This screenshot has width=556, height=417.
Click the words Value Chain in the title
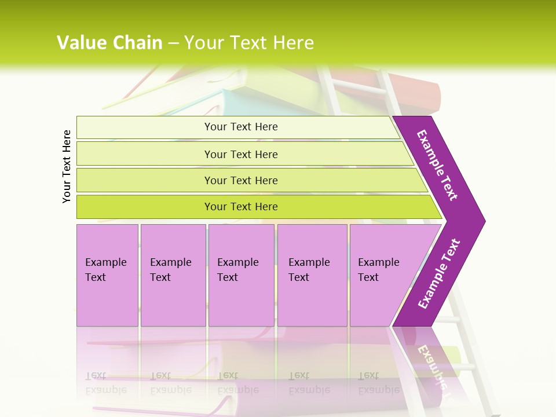click(109, 43)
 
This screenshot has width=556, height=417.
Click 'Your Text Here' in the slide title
click(249, 43)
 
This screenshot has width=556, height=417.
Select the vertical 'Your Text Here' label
click(67, 166)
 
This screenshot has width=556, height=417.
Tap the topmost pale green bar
click(145, 127)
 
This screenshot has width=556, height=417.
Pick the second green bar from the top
click(145, 154)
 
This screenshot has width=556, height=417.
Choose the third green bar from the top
click(145, 180)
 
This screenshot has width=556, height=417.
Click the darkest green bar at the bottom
click(145, 207)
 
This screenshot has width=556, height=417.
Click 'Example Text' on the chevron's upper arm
click(437, 165)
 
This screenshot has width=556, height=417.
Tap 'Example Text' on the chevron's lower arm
click(439, 274)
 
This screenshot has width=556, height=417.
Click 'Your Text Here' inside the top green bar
click(241, 127)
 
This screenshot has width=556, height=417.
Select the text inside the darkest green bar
click(241, 207)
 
